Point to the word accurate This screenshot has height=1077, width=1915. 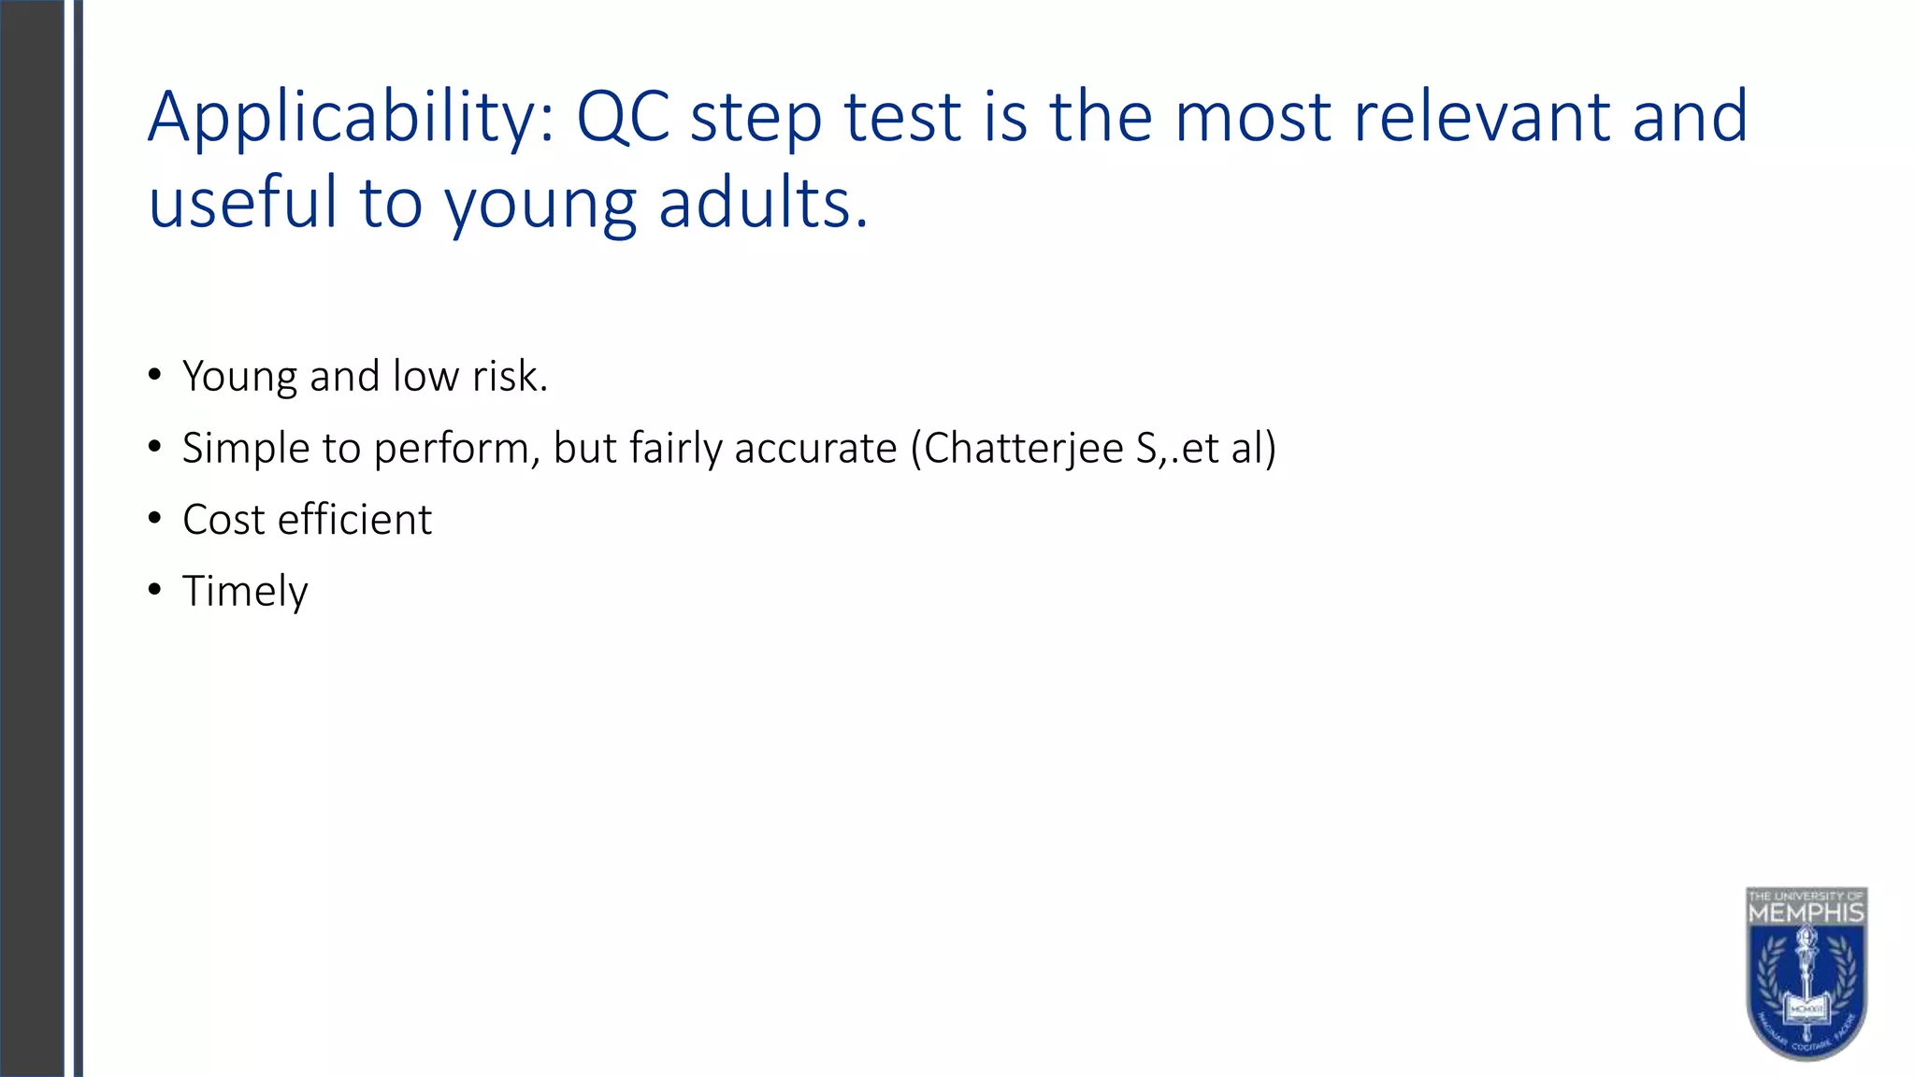[815, 449]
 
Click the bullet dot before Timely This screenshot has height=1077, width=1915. [154, 590]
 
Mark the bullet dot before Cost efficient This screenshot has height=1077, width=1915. [154, 518]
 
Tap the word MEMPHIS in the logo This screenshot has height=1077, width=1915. [1806, 912]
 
